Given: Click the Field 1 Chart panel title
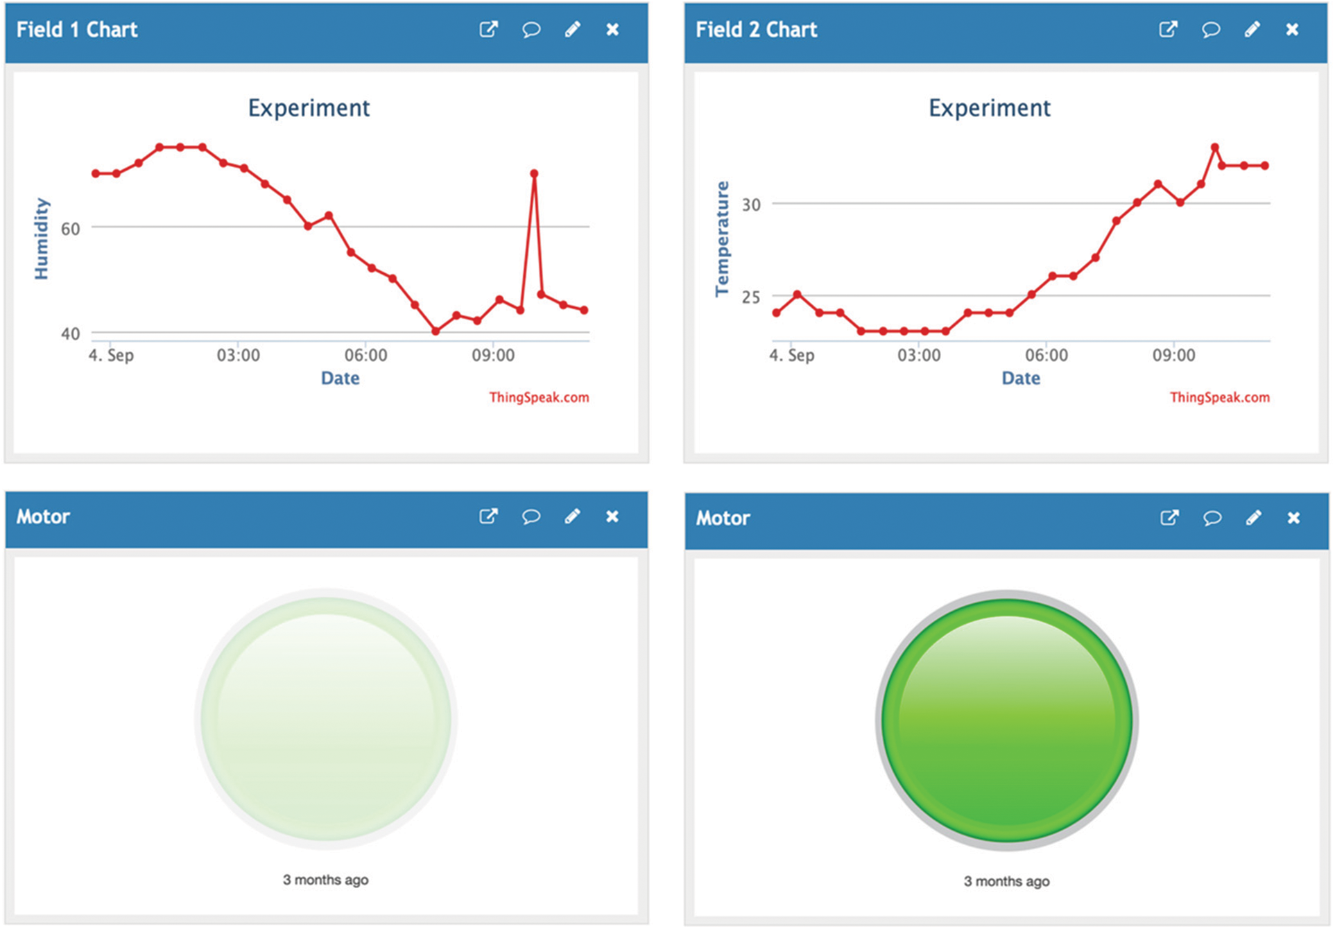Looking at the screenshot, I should tap(77, 30).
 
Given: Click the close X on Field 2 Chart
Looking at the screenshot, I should tap(1292, 30).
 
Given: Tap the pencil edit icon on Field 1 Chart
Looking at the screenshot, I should tap(572, 30).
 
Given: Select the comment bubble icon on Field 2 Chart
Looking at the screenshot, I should tap(1211, 30).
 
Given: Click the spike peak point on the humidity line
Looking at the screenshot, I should tap(534, 173).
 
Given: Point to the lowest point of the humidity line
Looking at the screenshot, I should tap(436, 331).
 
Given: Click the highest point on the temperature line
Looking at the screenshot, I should tap(1215, 147).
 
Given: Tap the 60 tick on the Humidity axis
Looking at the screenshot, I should tap(71, 229).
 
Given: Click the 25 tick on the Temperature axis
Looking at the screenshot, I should tap(751, 297).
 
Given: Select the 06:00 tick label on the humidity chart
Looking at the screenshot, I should tap(365, 356).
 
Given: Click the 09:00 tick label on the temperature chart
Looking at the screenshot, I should tap(1173, 356).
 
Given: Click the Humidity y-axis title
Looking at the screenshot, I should tap(42, 239).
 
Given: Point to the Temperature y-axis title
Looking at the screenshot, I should tap(722, 239).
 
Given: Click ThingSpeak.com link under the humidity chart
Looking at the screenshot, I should tap(539, 397).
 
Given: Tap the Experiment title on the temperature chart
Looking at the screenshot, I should tap(989, 108).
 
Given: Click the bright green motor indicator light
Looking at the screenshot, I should tap(1006, 720).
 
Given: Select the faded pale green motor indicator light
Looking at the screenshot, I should tap(326, 719).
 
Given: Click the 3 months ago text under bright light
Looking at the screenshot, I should tap(1006, 881).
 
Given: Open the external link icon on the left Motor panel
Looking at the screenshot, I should tap(488, 516).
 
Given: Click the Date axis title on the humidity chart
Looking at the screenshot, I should tap(340, 379).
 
